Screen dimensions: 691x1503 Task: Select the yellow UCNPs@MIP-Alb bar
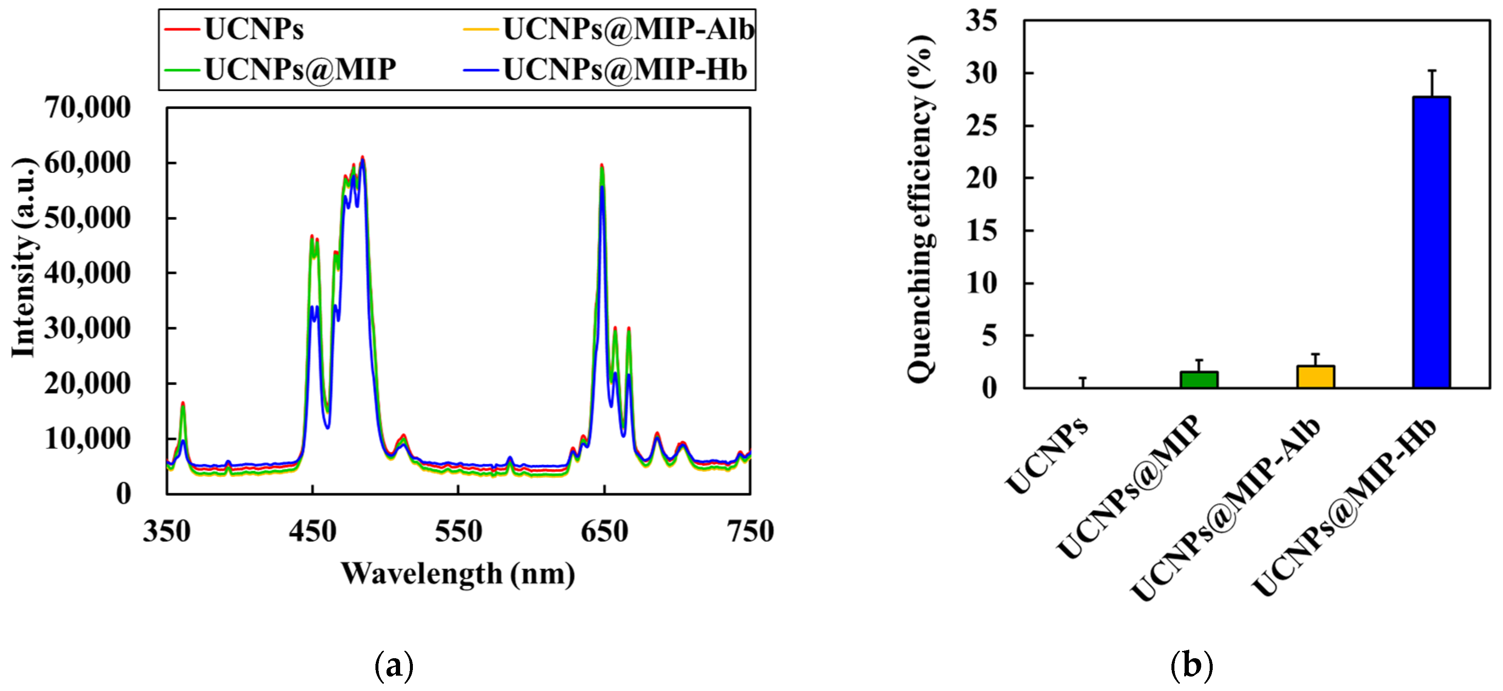[x=1315, y=376]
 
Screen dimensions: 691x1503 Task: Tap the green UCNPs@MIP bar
[x=1198, y=379]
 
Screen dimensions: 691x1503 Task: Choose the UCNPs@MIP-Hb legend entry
[x=624, y=69]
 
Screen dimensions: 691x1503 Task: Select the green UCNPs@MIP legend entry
[x=300, y=69]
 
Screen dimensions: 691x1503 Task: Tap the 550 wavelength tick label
[x=458, y=531]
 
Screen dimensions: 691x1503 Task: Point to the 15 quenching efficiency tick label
[x=982, y=231]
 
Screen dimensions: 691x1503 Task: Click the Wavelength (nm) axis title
[x=458, y=573]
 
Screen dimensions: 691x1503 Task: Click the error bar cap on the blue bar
[x=1432, y=71]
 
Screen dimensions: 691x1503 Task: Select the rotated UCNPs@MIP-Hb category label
[x=1345, y=508]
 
